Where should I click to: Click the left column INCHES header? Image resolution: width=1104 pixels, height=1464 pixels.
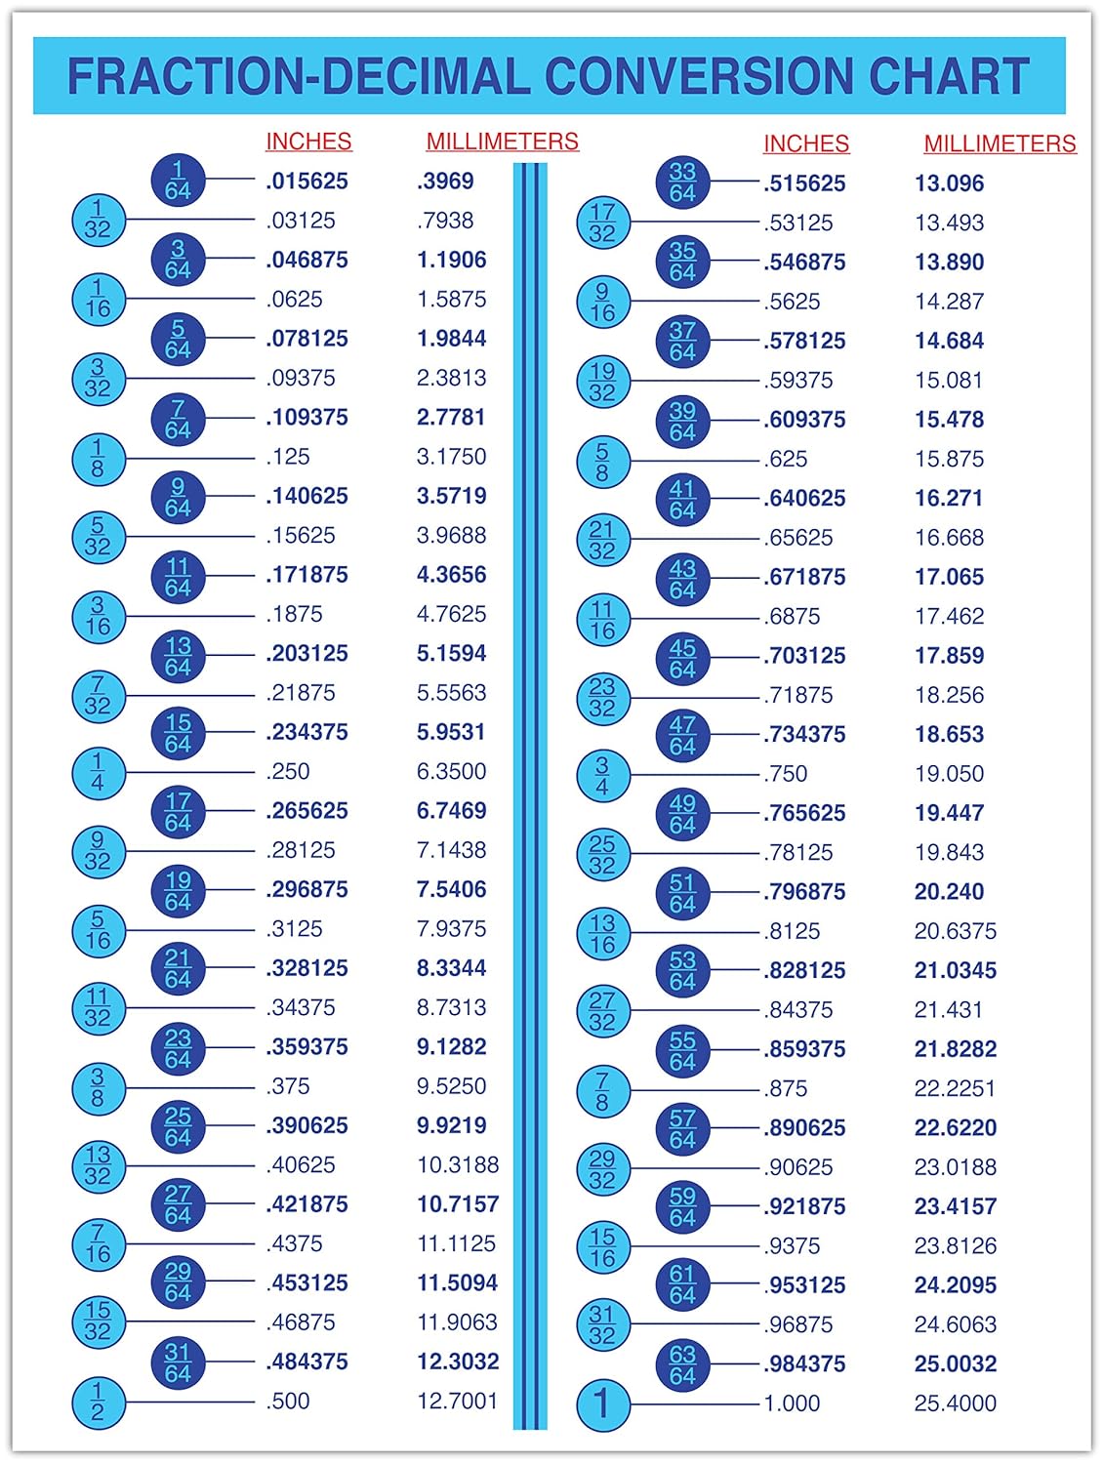pyautogui.click(x=308, y=142)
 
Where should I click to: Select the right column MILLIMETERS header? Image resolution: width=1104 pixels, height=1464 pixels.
pyautogui.click(x=1000, y=143)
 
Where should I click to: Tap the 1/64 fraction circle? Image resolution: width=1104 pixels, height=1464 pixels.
pyautogui.click(x=178, y=181)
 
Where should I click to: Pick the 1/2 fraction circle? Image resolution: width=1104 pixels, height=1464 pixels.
pyautogui.click(x=98, y=1402)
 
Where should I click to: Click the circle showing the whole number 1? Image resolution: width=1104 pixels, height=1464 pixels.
pyautogui.click(x=602, y=1403)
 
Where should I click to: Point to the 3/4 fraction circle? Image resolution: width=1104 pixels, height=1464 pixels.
pyautogui.click(x=602, y=775)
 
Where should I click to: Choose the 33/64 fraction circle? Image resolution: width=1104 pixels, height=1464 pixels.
pyautogui.click(x=682, y=183)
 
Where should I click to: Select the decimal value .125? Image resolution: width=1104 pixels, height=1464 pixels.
pyautogui.click(x=288, y=457)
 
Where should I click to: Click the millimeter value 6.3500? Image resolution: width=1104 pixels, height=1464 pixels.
pyautogui.click(x=451, y=772)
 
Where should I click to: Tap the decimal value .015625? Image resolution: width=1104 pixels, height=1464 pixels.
pyautogui.click(x=307, y=182)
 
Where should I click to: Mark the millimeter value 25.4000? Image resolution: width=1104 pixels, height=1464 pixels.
pyautogui.click(x=955, y=1403)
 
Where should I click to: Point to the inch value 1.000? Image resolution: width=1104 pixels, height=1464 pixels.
pyautogui.click(x=792, y=1403)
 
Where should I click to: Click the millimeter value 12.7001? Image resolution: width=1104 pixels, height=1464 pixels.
pyautogui.click(x=457, y=1402)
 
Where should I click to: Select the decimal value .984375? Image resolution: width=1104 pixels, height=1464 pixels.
pyautogui.click(x=804, y=1364)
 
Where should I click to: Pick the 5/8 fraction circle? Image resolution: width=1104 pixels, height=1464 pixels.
pyautogui.click(x=602, y=461)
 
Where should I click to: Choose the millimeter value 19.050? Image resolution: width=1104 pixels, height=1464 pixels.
pyautogui.click(x=949, y=774)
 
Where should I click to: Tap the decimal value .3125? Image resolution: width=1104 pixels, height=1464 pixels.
pyautogui.click(x=294, y=929)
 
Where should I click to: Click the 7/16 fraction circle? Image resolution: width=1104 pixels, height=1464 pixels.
pyautogui.click(x=98, y=1244)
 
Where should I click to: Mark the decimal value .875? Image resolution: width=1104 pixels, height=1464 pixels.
pyautogui.click(x=786, y=1089)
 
